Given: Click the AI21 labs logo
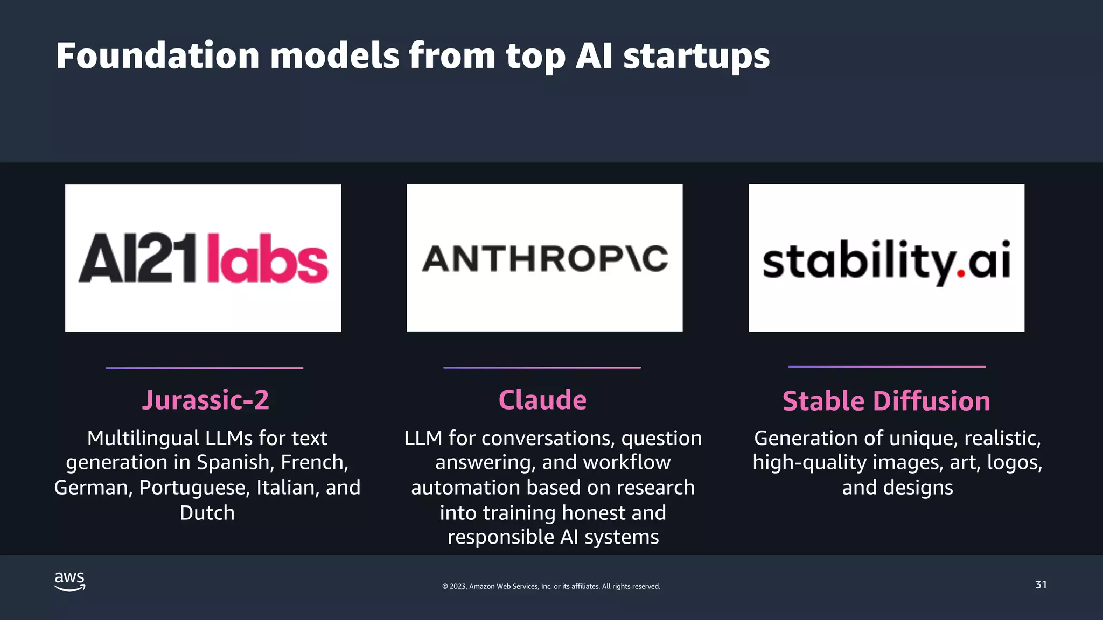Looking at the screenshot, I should tap(203, 258).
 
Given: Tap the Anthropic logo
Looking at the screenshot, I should tap(544, 258).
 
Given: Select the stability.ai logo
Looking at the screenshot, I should tap(886, 258).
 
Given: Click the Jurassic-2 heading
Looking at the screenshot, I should tap(205, 400).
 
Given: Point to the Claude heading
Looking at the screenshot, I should tap(542, 400).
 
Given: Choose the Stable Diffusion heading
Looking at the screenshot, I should tap(886, 401).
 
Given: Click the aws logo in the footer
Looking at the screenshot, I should tap(69, 581).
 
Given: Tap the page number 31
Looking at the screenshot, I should tap(1041, 584).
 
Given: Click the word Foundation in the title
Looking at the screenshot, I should tap(158, 56).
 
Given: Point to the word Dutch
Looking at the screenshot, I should tap(207, 512).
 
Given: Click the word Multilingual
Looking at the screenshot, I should tap(144, 438).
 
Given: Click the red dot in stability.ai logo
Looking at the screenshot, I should tap(961, 273).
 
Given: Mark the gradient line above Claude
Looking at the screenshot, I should tap(542, 368).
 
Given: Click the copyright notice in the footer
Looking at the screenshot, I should tap(551, 586).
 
